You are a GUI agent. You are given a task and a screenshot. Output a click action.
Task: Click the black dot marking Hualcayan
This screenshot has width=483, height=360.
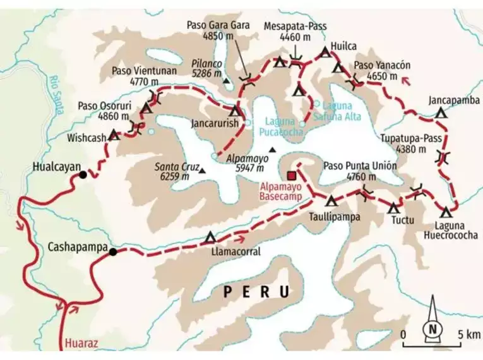click(x=83, y=174)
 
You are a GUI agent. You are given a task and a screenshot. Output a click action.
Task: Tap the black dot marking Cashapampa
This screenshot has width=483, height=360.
click(x=112, y=252)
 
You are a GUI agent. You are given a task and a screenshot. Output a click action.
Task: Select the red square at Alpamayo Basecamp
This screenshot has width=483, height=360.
click(x=292, y=176)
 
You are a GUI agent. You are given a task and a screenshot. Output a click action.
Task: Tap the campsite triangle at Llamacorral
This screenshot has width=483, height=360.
click(x=210, y=238)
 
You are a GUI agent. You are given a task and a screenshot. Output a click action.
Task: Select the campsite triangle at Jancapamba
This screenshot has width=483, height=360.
click(x=441, y=114)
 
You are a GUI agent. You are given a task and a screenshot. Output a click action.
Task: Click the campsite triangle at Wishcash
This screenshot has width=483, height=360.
click(x=114, y=135)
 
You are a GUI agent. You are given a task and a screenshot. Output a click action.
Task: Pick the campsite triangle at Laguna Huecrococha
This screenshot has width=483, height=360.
click(x=446, y=212)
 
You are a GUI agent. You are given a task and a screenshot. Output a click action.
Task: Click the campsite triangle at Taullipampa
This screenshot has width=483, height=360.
click(x=331, y=201)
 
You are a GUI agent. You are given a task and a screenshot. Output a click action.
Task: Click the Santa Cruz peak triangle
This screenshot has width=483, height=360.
click(x=202, y=171)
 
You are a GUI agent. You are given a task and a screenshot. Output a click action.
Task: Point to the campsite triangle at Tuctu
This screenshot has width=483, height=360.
click(x=395, y=207)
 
